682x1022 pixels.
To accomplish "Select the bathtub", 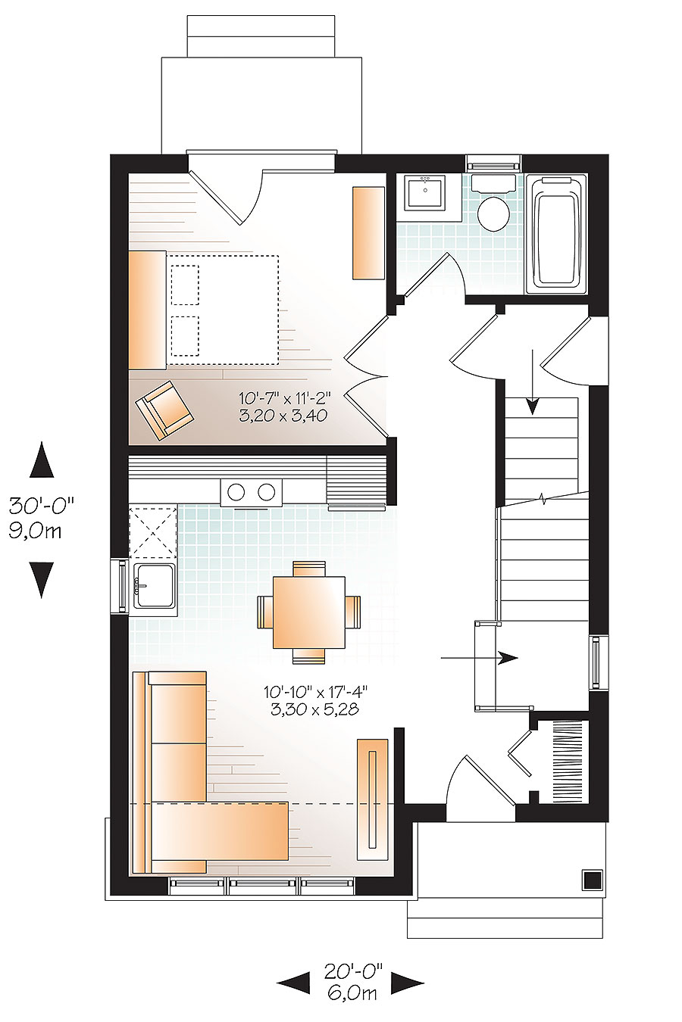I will tap(560, 233).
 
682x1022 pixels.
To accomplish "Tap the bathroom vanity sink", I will tap(425, 195).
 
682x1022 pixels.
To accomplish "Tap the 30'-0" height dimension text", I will tap(42, 503).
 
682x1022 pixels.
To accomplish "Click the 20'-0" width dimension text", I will tap(354, 970).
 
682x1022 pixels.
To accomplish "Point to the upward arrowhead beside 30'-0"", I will tap(42, 460).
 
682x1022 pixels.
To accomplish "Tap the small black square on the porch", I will tap(592, 880).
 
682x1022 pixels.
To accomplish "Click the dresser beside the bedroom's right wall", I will tap(368, 232).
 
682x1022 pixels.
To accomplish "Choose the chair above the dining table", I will tap(308, 568).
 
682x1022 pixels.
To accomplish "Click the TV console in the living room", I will tap(373, 799).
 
